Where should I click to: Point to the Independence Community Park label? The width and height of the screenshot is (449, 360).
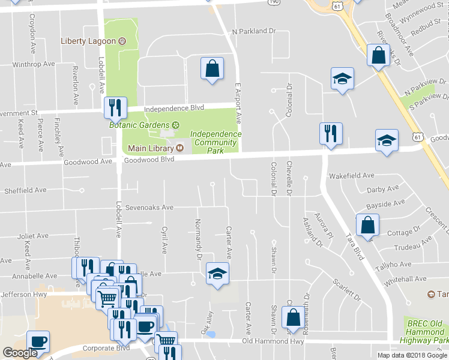click(215, 142)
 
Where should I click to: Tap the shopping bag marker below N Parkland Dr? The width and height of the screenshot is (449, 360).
click(212, 68)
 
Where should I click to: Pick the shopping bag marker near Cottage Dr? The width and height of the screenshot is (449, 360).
click(367, 226)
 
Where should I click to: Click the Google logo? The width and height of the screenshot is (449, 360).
click(20, 353)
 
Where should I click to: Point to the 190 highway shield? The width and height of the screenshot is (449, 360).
click(274, 2)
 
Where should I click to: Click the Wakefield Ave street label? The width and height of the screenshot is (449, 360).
click(352, 176)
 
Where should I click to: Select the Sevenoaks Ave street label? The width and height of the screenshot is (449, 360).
click(149, 208)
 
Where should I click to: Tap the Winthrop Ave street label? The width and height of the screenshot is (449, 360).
click(34, 64)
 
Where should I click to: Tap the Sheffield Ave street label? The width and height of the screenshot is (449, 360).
click(25, 190)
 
